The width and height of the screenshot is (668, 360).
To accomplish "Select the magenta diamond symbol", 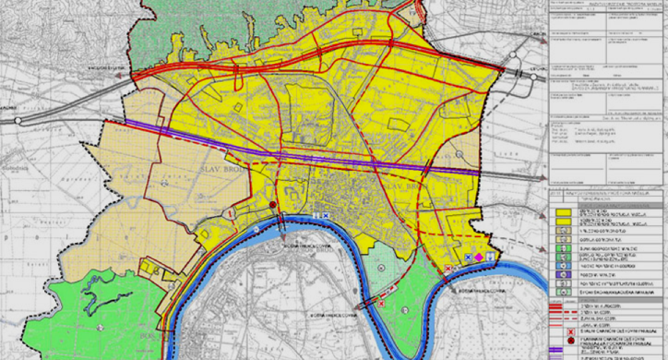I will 479,256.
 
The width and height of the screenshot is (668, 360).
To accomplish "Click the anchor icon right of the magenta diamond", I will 490,256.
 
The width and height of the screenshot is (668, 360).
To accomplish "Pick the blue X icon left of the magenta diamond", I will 469,257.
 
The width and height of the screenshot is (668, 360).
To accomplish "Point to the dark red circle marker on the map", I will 273,205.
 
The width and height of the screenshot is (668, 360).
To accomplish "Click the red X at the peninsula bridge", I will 379,300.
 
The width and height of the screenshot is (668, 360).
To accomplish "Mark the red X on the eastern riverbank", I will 449,268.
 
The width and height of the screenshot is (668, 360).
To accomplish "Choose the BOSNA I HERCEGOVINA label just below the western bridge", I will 304,231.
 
